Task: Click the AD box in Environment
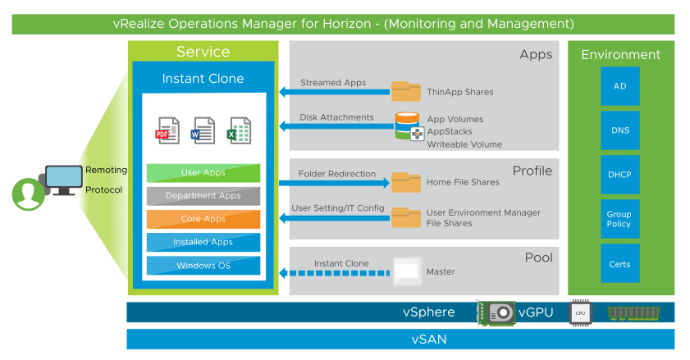619,86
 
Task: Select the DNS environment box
619,130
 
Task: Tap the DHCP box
619,175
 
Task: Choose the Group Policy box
619,219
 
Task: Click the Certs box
619,263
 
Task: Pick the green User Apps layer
203,173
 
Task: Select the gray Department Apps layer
203,196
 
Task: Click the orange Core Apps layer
203,219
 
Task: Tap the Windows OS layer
203,266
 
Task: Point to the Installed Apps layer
203,242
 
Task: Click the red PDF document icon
167,130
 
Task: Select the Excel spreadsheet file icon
240,130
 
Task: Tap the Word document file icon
203,130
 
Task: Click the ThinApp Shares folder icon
405,90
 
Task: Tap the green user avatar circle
28,194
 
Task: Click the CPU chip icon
580,312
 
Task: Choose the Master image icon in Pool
406,270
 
